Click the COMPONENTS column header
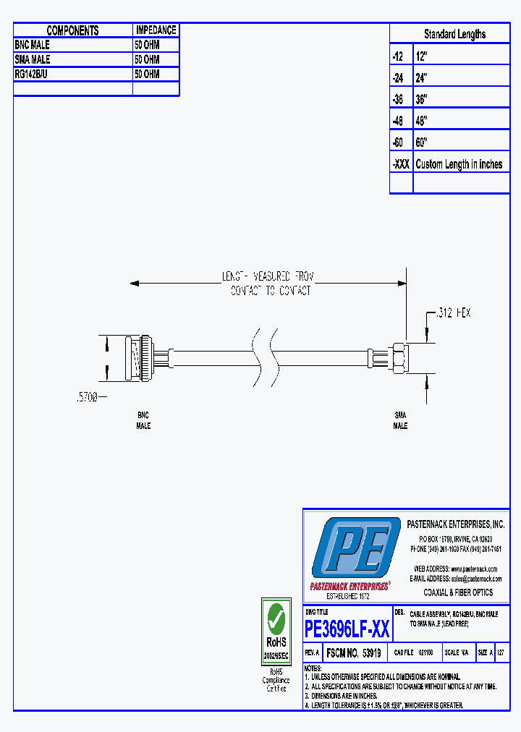click(x=72, y=30)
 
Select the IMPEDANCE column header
click(x=156, y=30)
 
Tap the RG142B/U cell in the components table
click(x=32, y=74)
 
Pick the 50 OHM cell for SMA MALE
click(x=147, y=59)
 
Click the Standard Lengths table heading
click(x=454, y=34)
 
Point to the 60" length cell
click(x=422, y=142)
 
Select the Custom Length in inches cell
click(x=459, y=164)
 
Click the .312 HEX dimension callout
click(x=453, y=312)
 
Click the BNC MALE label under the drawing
click(x=143, y=421)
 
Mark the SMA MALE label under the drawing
click(x=400, y=421)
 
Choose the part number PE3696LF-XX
click(x=347, y=629)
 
